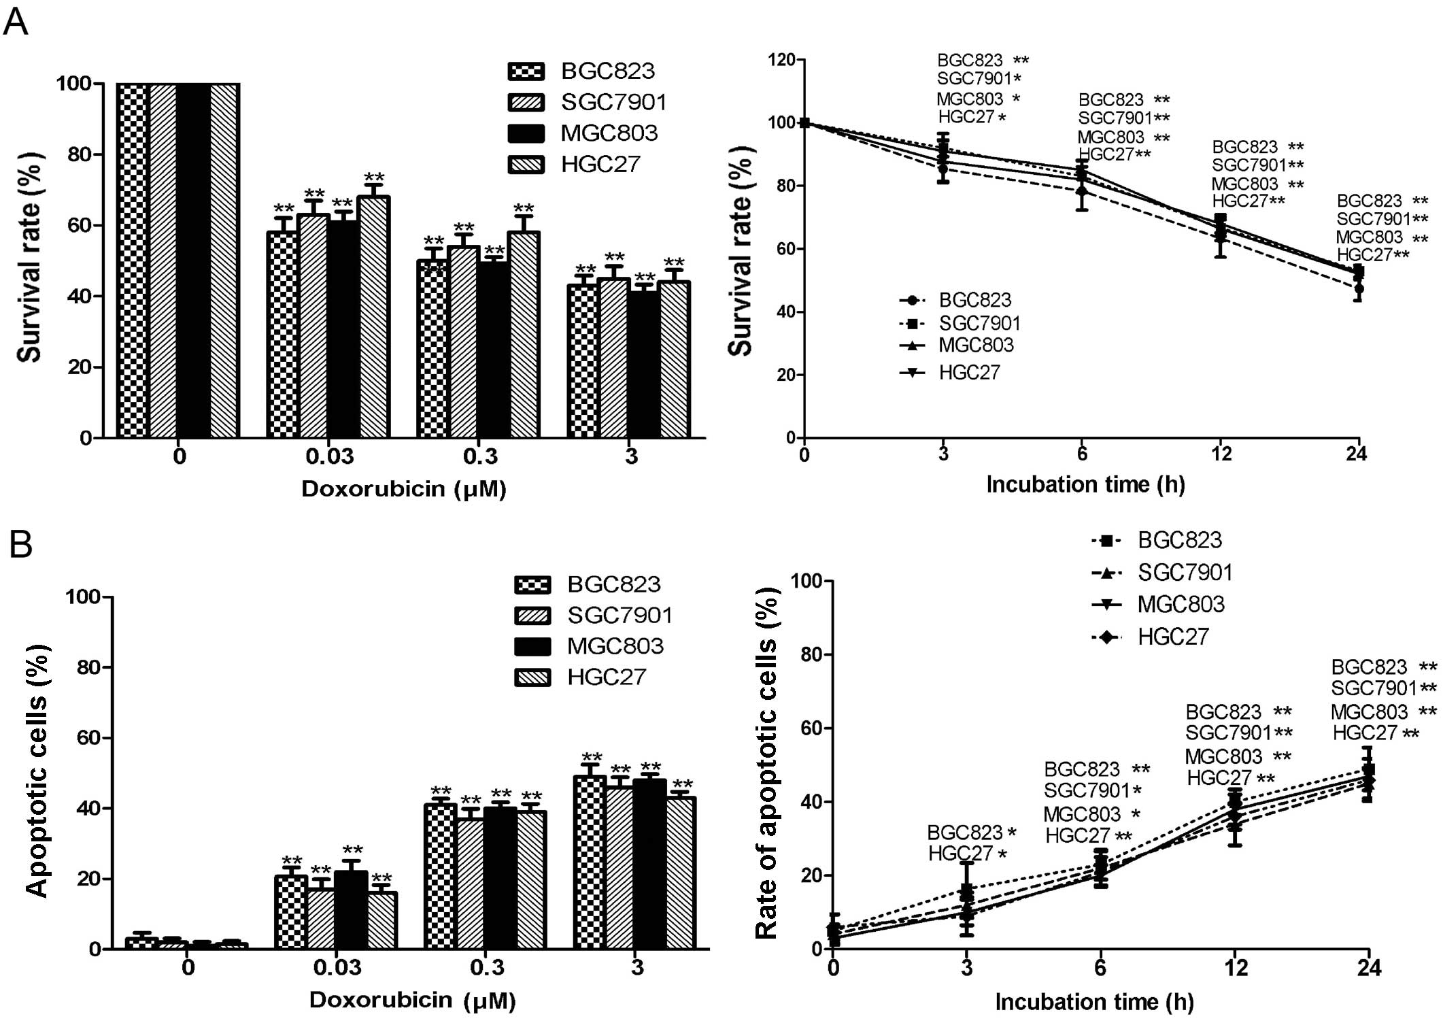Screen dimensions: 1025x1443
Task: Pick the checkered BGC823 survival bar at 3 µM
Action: click(x=582, y=360)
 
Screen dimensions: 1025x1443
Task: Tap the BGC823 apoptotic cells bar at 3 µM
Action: click(x=590, y=862)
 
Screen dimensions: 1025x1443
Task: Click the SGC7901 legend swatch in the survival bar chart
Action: click(x=526, y=102)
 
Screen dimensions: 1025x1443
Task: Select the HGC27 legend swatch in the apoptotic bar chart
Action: click(x=532, y=677)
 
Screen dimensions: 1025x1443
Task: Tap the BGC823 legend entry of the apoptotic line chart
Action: click(x=1156, y=540)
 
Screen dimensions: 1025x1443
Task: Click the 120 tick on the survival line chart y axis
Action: click(x=781, y=60)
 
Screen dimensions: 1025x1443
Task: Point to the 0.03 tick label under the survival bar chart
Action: click(x=330, y=456)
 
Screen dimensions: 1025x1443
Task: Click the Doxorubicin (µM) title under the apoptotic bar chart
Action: click(x=412, y=1000)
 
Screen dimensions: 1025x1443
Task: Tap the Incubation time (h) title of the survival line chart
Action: click(x=1085, y=484)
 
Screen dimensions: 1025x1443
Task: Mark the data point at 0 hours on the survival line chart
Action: click(x=804, y=123)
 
